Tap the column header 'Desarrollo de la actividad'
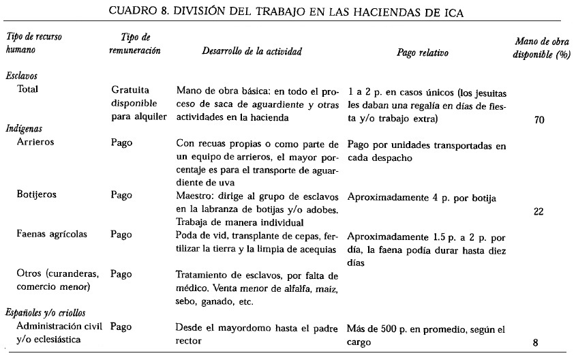[x=252, y=52]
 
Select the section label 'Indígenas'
[x=22, y=128]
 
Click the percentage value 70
[x=539, y=120]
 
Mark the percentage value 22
[x=539, y=211]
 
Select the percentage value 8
[x=536, y=343]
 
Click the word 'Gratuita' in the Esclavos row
[x=130, y=90]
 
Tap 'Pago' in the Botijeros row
[x=121, y=194]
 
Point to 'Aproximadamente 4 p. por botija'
[x=421, y=198]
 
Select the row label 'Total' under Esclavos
[x=29, y=90]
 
